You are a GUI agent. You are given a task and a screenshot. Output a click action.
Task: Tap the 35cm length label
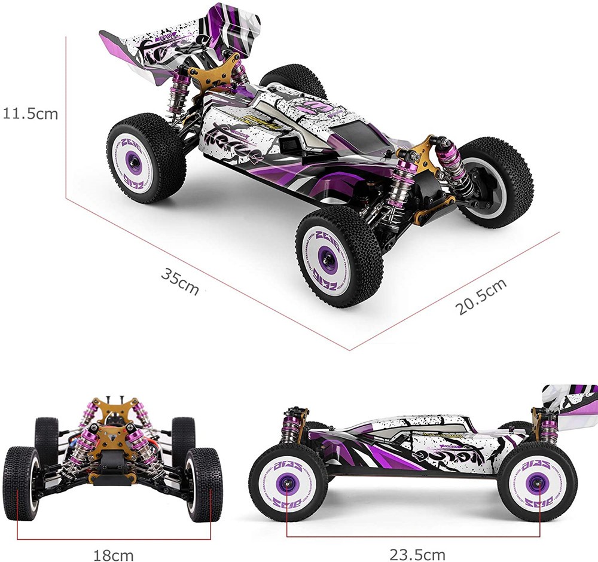(x=179, y=280)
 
